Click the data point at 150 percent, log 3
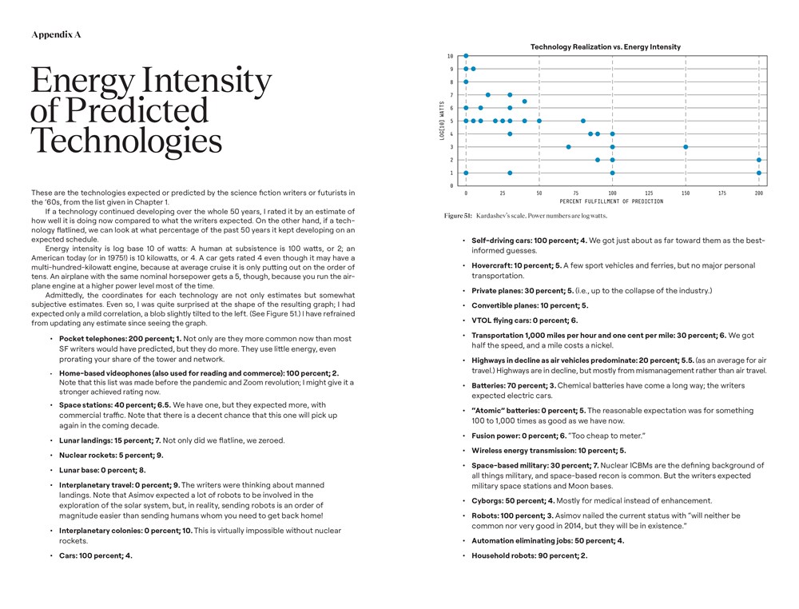tap(686, 147)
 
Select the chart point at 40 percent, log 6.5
tap(524, 101)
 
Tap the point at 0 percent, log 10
tap(466, 56)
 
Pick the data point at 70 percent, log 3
tap(568, 147)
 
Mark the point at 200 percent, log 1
tap(758, 173)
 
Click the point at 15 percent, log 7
tap(487, 95)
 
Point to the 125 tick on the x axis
tap(649, 193)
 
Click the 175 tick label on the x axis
tap(721, 193)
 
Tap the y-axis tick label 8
tap(451, 82)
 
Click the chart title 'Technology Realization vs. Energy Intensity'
tap(606, 47)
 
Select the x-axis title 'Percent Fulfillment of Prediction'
tap(611, 201)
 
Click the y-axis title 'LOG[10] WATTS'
tap(442, 121)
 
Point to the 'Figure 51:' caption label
tap(458, 216)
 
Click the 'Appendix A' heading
tap(56, 35)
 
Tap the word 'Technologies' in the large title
tap(125, 141)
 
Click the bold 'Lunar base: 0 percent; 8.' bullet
tap(102, 470)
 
